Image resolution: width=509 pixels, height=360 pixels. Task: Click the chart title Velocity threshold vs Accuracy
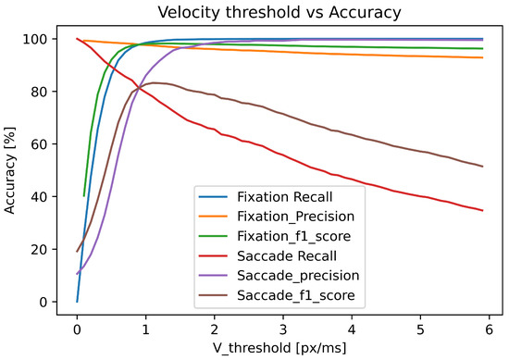click(x=278, y=11)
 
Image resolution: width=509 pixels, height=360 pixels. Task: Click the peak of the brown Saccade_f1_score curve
click(x=155, y=82)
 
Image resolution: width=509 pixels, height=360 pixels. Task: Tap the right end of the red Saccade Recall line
click(x=482, y=210)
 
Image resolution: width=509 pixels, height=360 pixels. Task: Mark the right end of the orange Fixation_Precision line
click(x=482, y=57)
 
